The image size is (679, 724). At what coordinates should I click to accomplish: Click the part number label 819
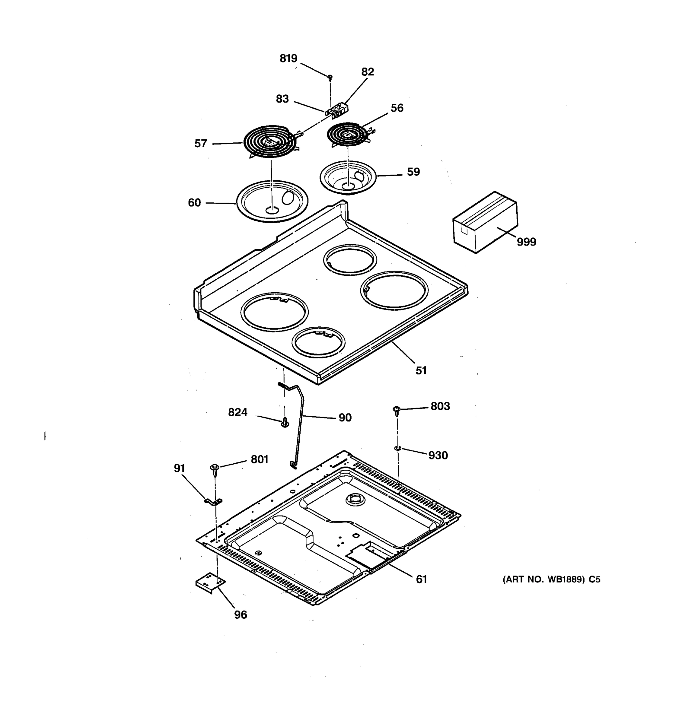[x=288, y=58]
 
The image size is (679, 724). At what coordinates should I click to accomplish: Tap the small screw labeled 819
[x=330, y=77]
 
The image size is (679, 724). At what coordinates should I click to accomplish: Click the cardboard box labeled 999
[x=484, y=222]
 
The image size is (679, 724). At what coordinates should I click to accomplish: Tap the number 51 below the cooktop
[x=421, y=370]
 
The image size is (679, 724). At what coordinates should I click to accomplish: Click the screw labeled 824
[x=285, y=422]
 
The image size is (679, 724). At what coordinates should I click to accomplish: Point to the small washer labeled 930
[x=397, y=448]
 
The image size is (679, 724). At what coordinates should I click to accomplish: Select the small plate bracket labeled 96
[x=210, y=583]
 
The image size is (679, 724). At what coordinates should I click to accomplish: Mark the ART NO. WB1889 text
[x=551, y=580]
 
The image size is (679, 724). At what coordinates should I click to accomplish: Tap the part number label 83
[x=282, y=99]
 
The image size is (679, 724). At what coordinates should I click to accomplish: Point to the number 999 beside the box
[x=526, y=242]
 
